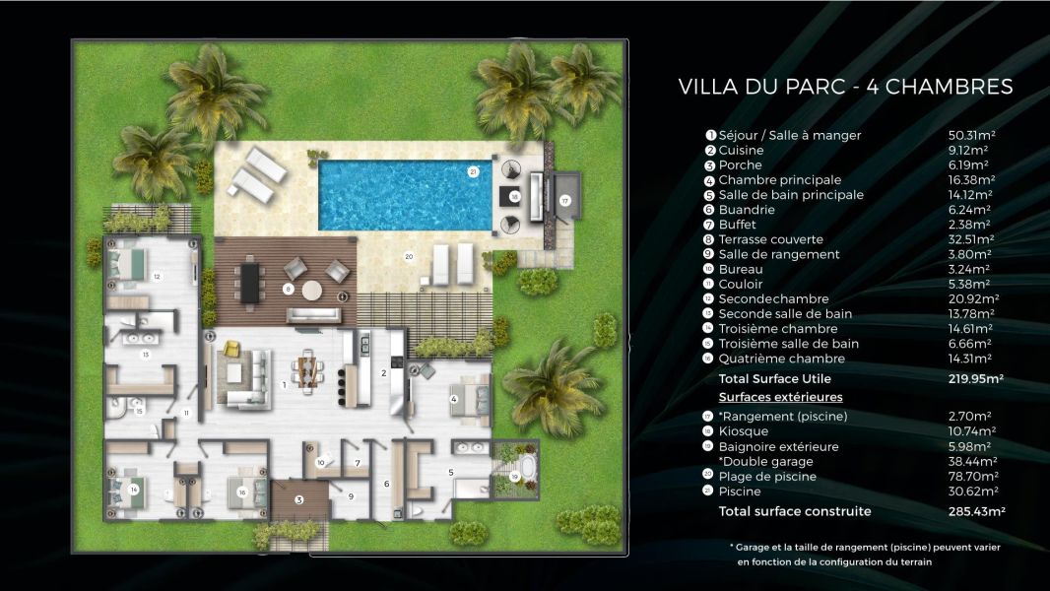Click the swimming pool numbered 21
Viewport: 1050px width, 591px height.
click(405, 194)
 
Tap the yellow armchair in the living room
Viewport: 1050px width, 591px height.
click(231, 349)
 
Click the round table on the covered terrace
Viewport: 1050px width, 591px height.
click(312, 291)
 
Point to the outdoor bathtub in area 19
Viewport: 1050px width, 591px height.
click(523, 465)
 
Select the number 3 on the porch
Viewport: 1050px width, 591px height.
click(298, 499)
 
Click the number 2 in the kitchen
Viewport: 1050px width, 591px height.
click(383, 373)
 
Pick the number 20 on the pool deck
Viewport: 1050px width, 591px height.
click(408, 256)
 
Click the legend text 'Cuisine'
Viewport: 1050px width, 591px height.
click(741, 150)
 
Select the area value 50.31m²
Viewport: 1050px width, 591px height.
click(970, 135)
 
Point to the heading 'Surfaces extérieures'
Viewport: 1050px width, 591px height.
click(780, 397)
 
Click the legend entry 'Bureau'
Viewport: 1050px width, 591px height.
click(739, 269)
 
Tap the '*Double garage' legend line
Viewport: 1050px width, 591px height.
click(765, 461)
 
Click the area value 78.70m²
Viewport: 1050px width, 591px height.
click(971, 476)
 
